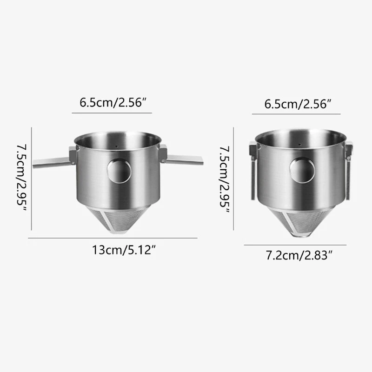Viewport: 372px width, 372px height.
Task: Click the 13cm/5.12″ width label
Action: pos(124,250)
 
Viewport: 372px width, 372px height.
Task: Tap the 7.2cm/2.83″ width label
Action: pos(299,255)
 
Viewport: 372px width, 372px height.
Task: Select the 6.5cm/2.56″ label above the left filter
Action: pos(113,103)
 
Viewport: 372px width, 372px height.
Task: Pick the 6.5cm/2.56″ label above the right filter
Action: pos(298,104)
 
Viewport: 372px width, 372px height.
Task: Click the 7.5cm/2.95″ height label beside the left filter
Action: pos(21,178)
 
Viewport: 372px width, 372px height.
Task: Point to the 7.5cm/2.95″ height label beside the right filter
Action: pos(224,179)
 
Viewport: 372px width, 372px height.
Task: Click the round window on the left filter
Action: pos(119,170)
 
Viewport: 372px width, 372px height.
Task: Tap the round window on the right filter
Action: pos(302,170)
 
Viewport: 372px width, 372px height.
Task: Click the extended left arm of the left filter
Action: pos(52,162)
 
